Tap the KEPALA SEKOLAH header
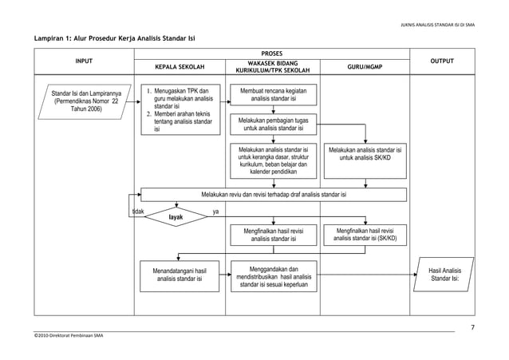[x=176, y=67]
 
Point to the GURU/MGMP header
[x=365, y=67]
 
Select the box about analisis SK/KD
[x=365, y=154]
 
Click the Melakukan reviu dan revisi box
[x=273, y=194]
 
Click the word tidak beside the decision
[x=138, y=212]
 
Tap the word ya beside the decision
[x=215, y=212]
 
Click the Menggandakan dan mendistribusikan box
[x=273, y=276]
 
